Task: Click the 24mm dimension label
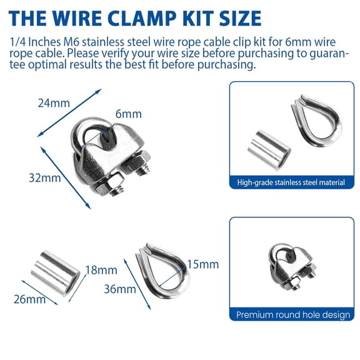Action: click(54, 103)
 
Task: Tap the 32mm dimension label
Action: click(45, 178)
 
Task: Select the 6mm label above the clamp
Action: click(128, 114)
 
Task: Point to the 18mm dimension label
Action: click(101, 270)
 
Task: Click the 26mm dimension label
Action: click(29, 299)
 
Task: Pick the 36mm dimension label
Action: click(120, 289)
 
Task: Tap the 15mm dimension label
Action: click(203, 264)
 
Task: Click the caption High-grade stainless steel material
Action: click(291, 182)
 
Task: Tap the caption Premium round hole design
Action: click(293, 315)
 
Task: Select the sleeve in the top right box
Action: click(269, 150)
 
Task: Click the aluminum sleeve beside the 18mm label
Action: click(56, 274)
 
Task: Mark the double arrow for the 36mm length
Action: click(137, 284)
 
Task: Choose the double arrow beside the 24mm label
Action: click(69, 113)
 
